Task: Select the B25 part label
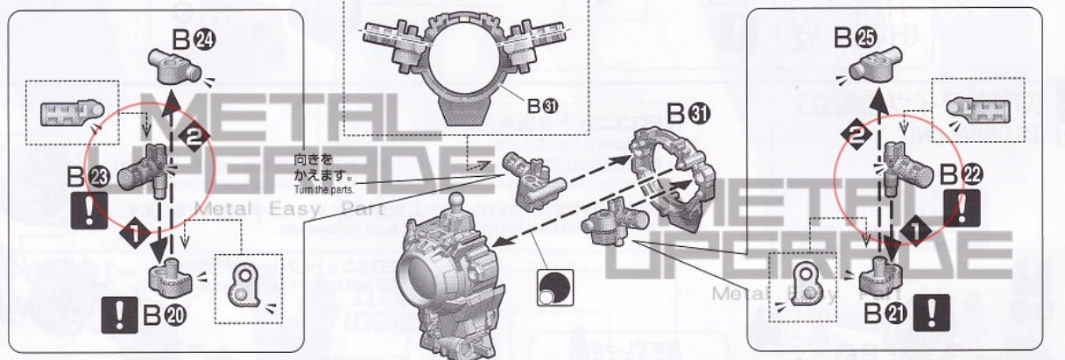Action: pyautogui.click(x=855, y=38)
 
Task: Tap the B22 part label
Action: pyautogui.click(x=962, y=173)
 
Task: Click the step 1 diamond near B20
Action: pyautogui.click(x=132, y=235)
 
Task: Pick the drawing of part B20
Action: pyautogui.click(x=169, y=276)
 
